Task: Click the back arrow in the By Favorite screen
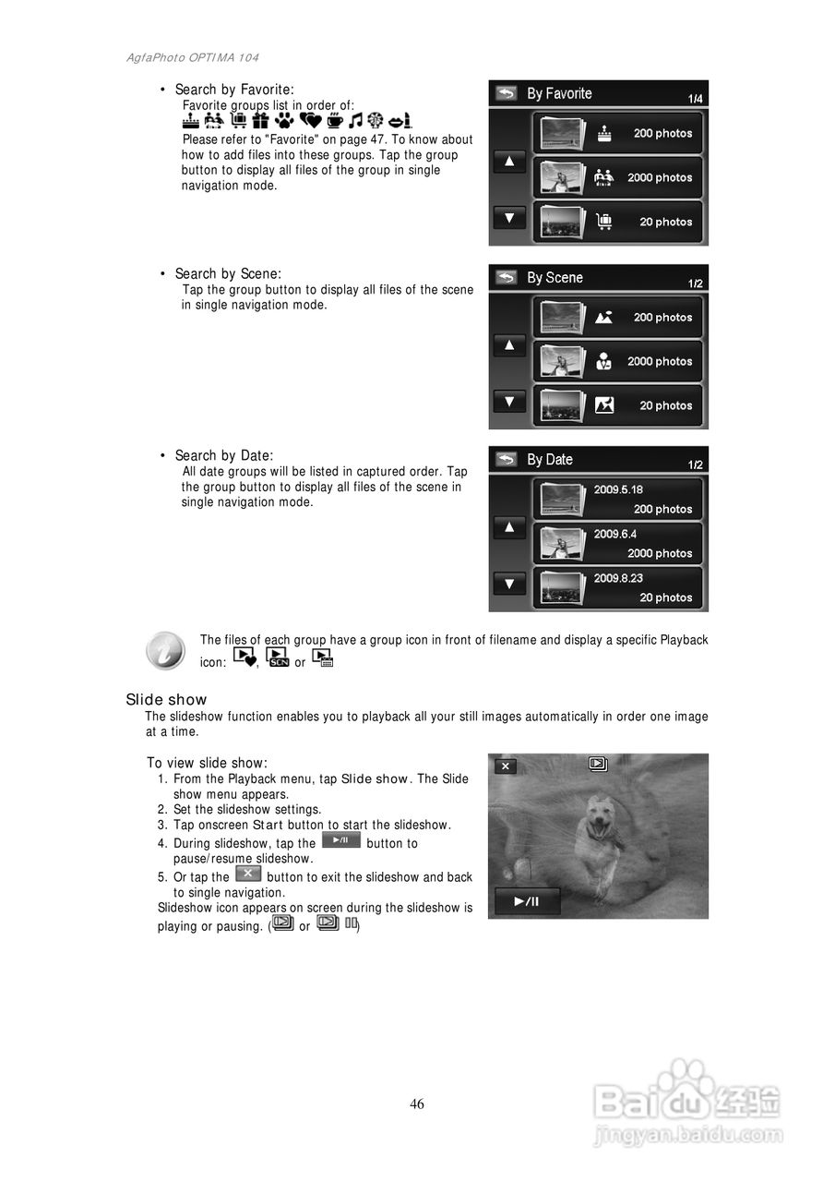(x=506, y=93)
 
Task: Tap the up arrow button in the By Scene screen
(x=509, y=345)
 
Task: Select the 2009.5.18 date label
(x=618, y=489)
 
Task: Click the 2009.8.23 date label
(x=618, y=578)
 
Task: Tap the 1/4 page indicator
(x=695, y=99)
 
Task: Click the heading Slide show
(x=167, y=700)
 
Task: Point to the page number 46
(x=417, y=1104)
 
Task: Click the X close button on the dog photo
(x=506, y=766)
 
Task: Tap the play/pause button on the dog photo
(x=527, y=901)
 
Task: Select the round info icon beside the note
(x=165, y=651)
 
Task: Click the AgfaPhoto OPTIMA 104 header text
(x=193, y=58)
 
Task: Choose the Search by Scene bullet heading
(x=228, y=273)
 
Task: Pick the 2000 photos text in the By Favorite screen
(x=660, y=177)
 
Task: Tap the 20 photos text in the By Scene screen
(x=665, y=405)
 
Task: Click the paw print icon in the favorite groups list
(x=284, y=121)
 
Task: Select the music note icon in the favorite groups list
(x=355, y=121)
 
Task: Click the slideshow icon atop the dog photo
(x=598, y=764)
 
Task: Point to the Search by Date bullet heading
(x=224, y=455)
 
